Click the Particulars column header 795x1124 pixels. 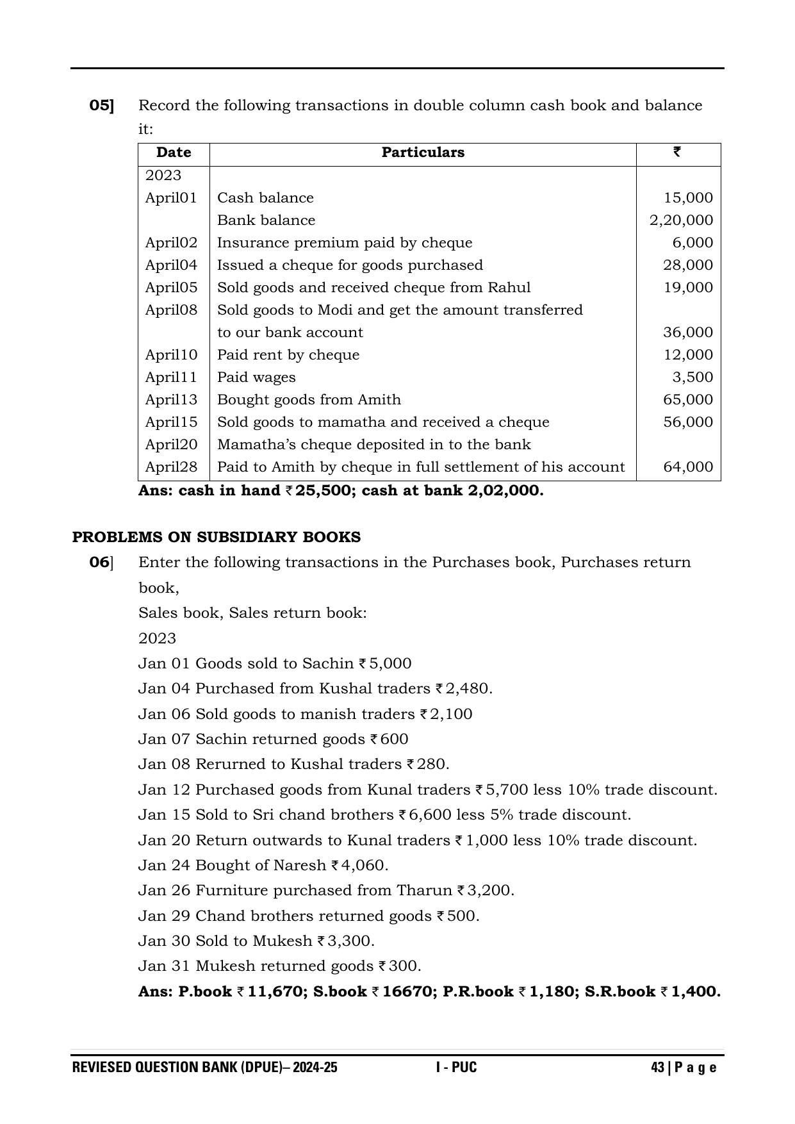click(x=423, y=153)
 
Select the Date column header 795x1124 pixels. click(x=174, y=153)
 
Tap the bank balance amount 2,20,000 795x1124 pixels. click(x=681, y=220)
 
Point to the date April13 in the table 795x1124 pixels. click(x=171, y=400)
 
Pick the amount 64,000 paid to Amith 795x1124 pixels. click(x=688, y=467)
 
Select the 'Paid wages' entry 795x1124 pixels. click(x=256, y=377)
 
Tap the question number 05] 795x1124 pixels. click(x=102, y=106)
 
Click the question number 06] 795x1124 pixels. click(x=101, y=563)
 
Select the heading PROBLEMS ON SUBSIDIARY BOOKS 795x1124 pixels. click(x=217, y=537)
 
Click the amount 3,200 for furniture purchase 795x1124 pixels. click(x=489, y=891)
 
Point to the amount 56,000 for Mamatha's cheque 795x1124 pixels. click(x=688, y=422)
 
